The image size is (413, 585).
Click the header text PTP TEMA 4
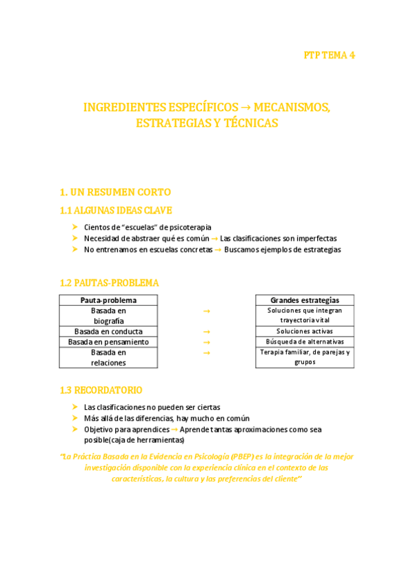click(329, 55)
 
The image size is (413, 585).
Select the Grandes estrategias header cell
click(304, 300)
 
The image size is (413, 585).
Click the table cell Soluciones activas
click(304, 332)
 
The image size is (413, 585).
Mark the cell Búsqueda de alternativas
click(304, 342)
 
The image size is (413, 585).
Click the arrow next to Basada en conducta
click(206, 332)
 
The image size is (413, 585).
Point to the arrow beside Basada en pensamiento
click(206, 342)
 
